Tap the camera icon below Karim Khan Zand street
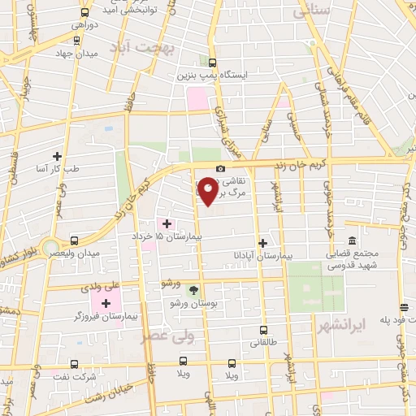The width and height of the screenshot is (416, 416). (x=220, y=168)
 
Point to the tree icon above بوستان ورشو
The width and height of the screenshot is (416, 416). (x=193, y=289)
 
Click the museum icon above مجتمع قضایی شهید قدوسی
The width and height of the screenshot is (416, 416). (x=352, y=241)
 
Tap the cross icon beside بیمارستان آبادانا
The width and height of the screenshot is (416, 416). (x=262, y=243)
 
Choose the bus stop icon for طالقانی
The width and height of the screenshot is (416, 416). (x=263, y=331)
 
